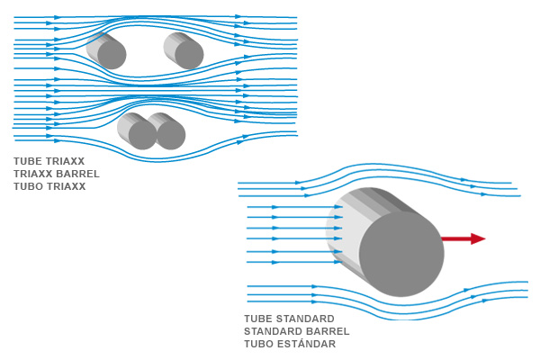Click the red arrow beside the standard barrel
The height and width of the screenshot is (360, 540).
pos(463,238)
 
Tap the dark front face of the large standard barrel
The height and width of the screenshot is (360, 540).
pos(401,255)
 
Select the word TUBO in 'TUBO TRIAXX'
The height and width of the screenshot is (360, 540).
pos(28,187)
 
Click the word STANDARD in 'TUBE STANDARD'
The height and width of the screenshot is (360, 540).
pos(305,319)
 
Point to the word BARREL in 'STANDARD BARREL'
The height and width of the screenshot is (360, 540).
pos(325,332)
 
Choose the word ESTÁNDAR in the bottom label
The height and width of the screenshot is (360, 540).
pos(306,345)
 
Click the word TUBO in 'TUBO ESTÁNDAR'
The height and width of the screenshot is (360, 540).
pos(258,345)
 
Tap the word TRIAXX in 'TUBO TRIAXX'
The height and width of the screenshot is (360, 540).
pos(66,187)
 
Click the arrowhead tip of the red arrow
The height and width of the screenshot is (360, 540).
pos(484,238)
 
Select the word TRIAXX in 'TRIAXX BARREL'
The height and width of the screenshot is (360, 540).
pos(33,175)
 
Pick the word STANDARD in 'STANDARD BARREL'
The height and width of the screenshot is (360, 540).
pos(273,332)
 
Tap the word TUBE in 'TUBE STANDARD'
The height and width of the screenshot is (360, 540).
pos(258,319)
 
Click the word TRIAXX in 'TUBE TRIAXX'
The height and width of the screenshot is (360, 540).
pos(66,162)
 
